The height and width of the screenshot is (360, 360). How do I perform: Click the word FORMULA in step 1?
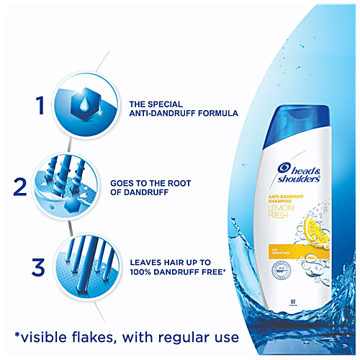coord(216,113)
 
